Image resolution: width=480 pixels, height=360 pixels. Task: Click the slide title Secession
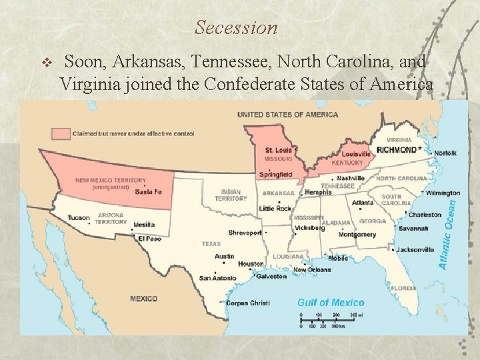(x=236, y=28)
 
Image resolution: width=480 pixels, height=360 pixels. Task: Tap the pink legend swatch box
(x=61, y=133)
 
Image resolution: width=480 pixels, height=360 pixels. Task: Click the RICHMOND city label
(x=398, y=151)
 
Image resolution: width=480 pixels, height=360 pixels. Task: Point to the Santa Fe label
(x=149, y=191)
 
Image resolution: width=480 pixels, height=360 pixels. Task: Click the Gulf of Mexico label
(x=330, y=302)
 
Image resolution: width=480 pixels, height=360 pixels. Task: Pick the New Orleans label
(x=312, y=270)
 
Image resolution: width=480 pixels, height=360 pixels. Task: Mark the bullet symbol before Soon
(x=46, y=63)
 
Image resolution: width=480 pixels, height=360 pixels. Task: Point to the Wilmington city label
(x=443, y=193)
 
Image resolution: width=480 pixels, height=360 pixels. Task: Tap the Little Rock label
(x=275, y=209)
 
